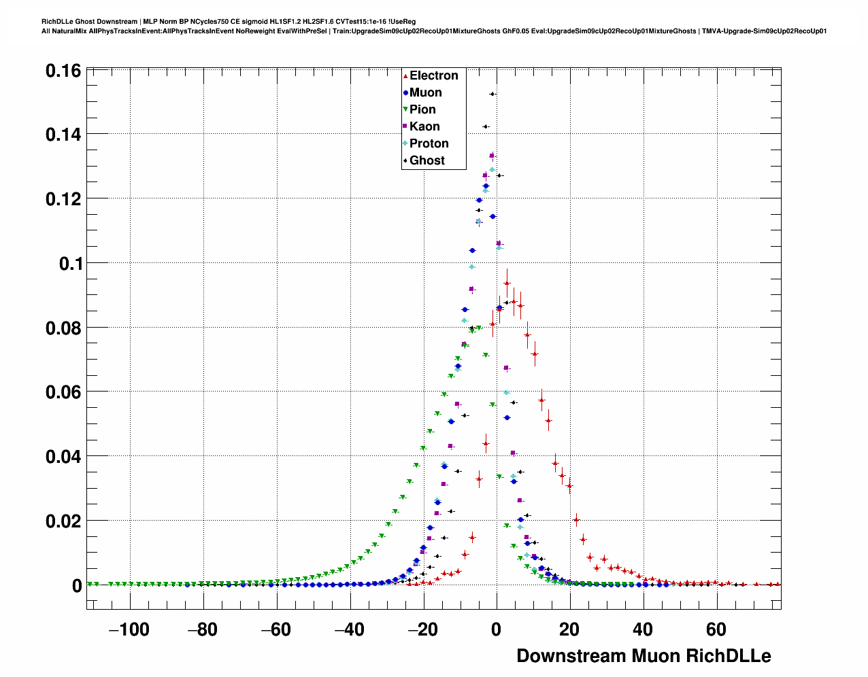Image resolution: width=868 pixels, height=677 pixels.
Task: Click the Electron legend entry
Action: click(433, 76)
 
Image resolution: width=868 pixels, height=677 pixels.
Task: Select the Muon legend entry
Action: click(425, 93)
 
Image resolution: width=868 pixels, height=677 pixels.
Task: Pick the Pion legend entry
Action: click(422, 110)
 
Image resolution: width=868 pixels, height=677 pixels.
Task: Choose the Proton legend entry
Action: click(429, 144)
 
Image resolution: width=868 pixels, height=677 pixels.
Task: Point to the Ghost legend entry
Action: click(427, 161)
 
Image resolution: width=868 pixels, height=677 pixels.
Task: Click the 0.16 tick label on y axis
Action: click(63, 71)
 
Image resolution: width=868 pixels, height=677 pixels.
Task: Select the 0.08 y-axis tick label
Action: click(63, 328)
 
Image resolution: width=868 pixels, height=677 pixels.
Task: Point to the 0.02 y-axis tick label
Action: click(63, 521)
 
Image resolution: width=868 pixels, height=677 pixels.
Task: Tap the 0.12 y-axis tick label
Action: click(63, 199)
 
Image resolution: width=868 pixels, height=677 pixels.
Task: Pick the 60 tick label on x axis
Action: click(716, 630)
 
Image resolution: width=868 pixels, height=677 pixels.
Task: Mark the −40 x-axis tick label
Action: click(349, 630)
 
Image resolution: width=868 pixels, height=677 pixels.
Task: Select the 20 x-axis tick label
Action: click(569, 630)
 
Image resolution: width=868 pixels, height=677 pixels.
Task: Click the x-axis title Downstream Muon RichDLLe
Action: click(644, 656)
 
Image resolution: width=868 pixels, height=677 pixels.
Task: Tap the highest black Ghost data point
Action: click(493, 94)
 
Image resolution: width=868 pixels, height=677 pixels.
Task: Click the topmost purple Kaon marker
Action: click(492, 156)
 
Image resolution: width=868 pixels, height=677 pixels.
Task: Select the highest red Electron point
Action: click(507, 283)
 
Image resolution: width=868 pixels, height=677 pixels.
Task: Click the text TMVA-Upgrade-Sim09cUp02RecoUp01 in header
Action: click(765, 31)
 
